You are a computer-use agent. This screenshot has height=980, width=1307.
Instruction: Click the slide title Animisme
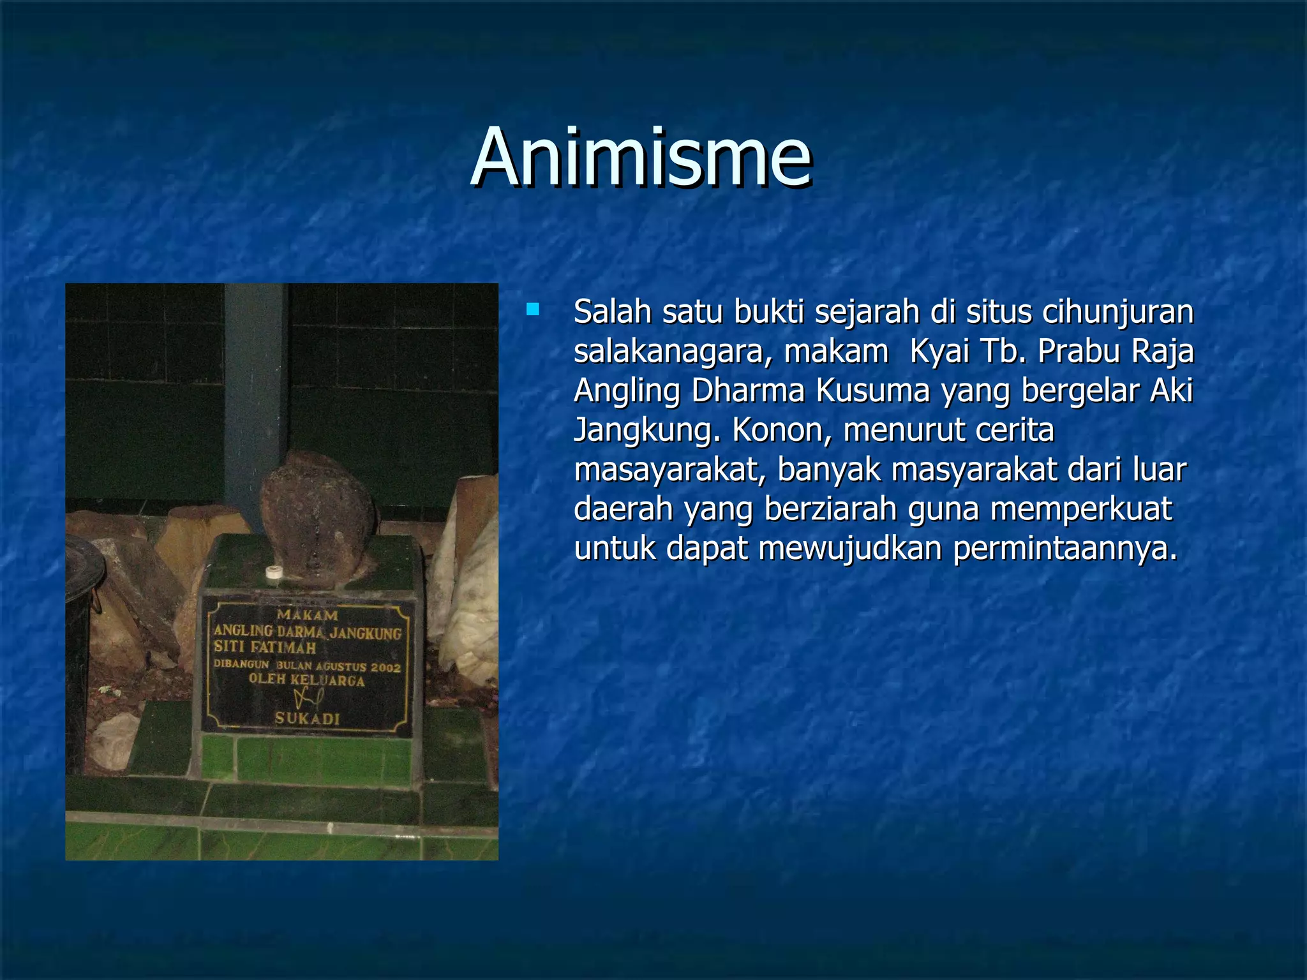(x=641, y=158)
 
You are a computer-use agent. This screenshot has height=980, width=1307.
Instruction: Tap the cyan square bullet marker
(x=532, y=311)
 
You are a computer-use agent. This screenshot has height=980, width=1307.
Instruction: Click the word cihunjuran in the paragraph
(x=1117, y=313)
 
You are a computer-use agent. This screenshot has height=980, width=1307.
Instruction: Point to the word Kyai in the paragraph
(x=939, y=351)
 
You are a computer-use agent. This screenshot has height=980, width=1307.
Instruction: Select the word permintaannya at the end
(x=1064, y=549)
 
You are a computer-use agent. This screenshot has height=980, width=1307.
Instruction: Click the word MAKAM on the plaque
(x=308, y=615)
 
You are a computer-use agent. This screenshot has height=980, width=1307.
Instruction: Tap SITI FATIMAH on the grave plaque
(x=265, y=648)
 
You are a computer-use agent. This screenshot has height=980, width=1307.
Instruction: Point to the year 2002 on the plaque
(x=385, y=667)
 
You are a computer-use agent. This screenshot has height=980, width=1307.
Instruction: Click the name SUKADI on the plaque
(x=308, y=718)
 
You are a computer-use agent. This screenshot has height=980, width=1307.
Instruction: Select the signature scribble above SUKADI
(x=308, y=697)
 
